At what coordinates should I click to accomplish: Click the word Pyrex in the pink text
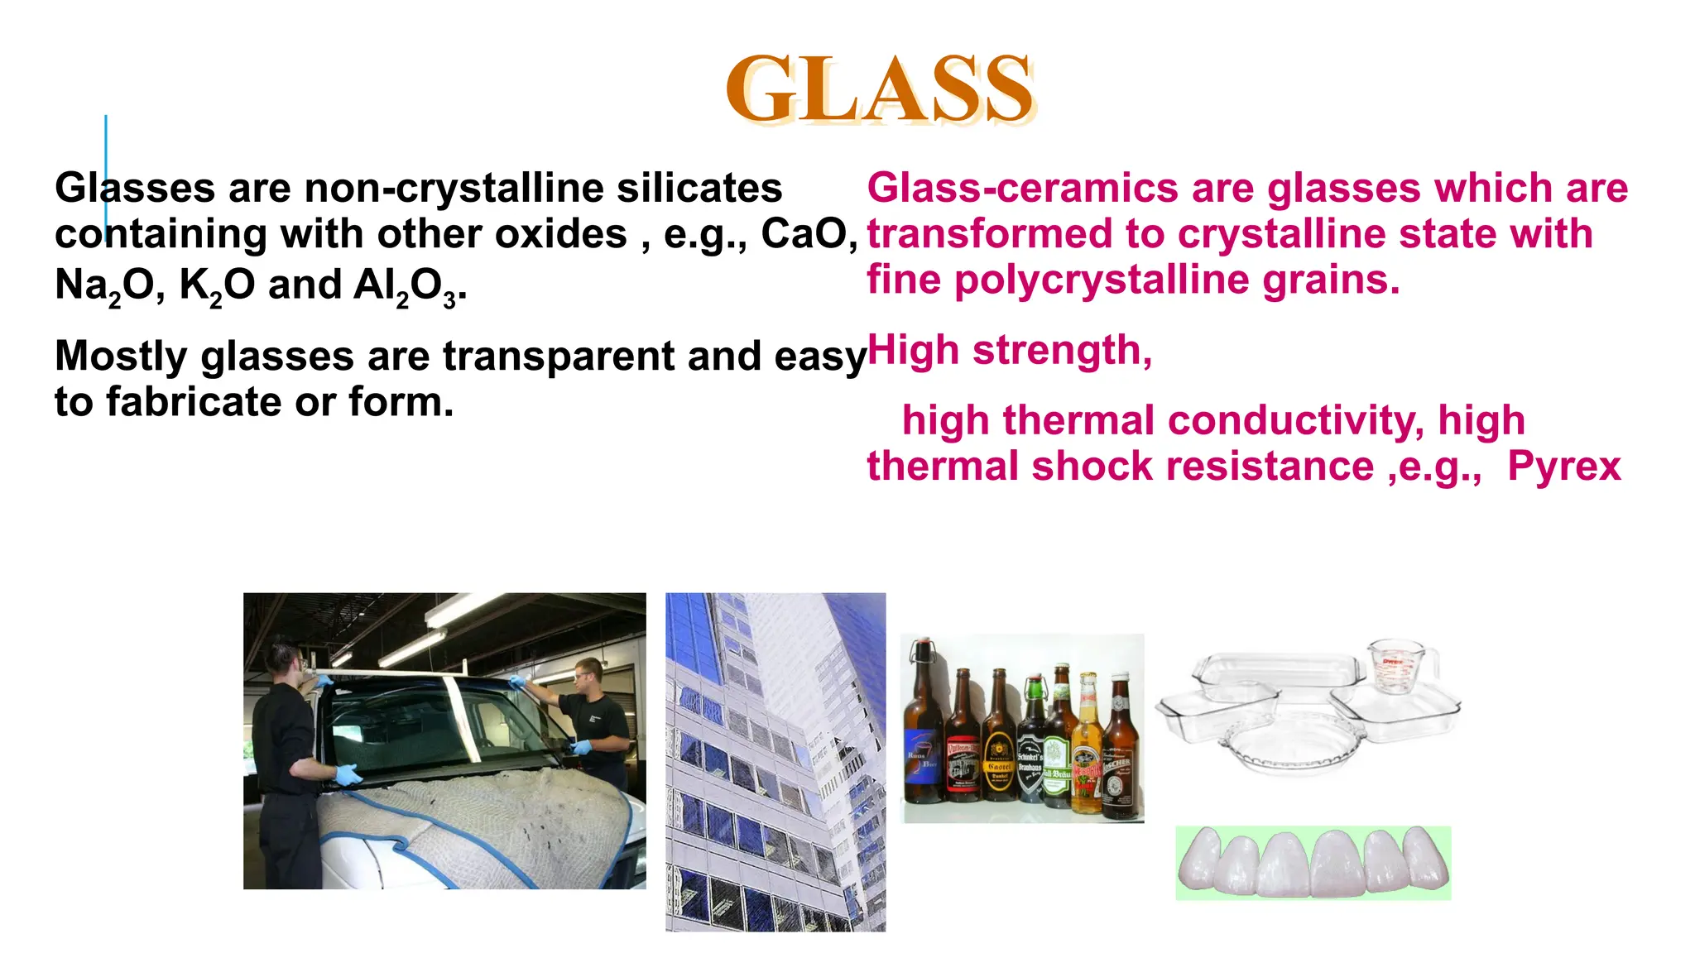pos(1563,467)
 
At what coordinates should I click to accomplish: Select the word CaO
pos(808,234)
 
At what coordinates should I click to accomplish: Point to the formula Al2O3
pos(406,285)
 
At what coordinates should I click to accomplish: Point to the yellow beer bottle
pos(1086,745)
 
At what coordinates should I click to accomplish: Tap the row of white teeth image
pos(1313,863)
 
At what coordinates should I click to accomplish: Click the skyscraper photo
pos(775,761)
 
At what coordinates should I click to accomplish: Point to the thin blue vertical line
pos(106,174)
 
